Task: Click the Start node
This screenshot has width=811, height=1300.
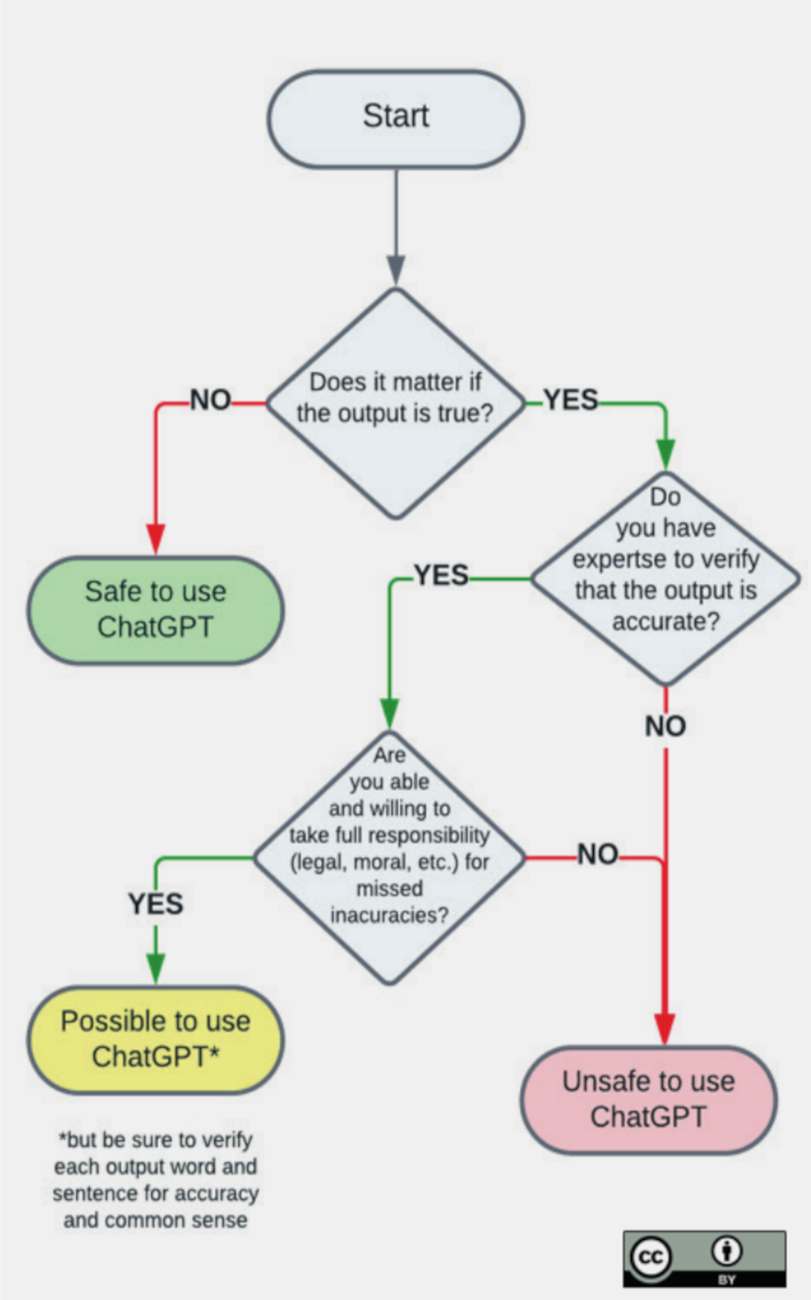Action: [396, 118]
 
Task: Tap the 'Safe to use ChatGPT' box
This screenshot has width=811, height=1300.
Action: [156, 609]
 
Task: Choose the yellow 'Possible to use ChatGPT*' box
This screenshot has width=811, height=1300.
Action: [156, 1039]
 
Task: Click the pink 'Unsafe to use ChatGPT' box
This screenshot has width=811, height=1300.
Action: [648, 1099]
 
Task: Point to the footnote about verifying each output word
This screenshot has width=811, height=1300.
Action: [156, 1179]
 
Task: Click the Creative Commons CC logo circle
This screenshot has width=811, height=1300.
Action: [651, 1257]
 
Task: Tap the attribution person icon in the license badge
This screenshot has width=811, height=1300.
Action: [727, 1251]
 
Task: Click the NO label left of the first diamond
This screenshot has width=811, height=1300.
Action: [210, 400]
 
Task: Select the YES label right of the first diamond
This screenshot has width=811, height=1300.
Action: [571, 400]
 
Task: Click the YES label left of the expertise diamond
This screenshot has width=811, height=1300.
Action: [441, 575]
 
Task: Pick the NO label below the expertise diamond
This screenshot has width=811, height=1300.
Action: [665, 726]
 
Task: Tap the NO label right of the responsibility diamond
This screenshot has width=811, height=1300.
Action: [598, 854]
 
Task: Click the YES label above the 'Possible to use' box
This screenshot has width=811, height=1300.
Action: [156, 904]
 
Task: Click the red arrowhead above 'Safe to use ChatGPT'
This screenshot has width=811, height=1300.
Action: [156, 537]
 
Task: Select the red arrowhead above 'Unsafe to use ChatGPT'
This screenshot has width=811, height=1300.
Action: [665, 1028]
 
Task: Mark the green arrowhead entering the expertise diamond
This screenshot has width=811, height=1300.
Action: [665, 453]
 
